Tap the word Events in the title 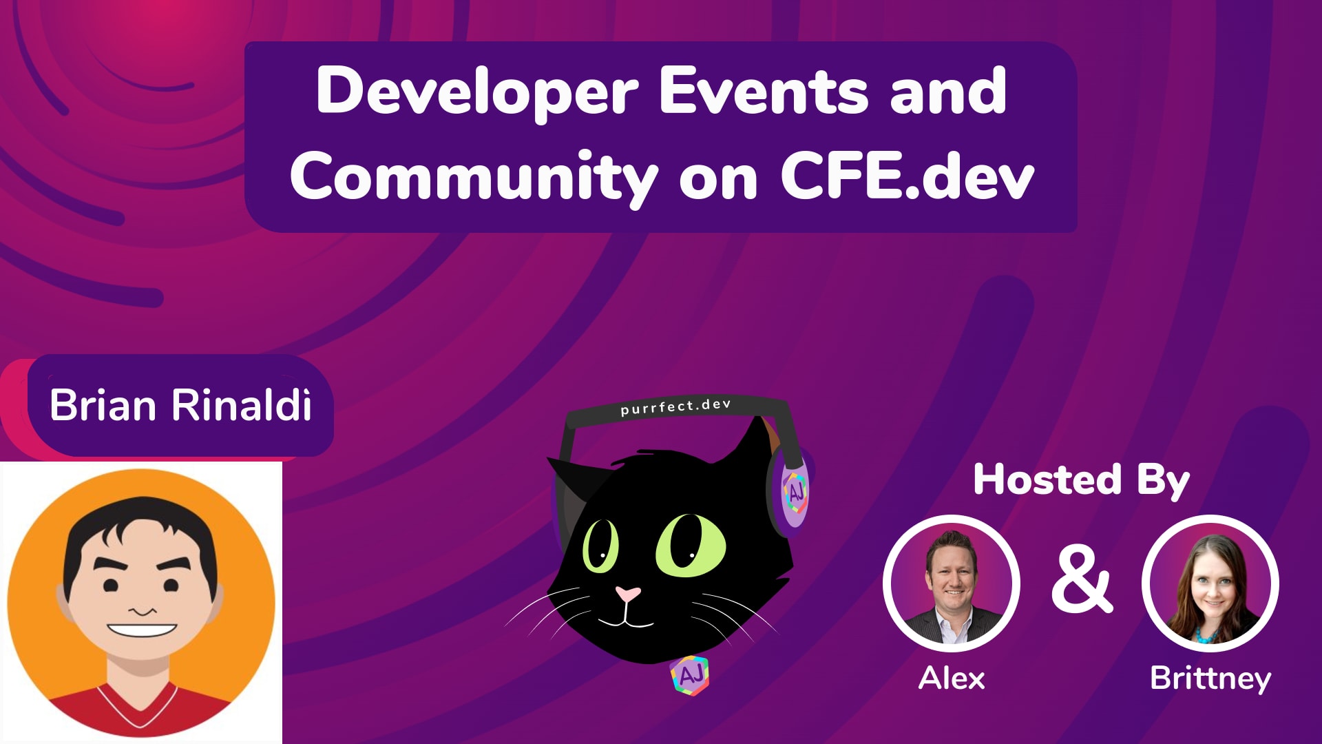[x=763, y=91]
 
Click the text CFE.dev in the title [x=907, y=176]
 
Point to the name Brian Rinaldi [x=180, y=405]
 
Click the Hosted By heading [x=1081, y=479]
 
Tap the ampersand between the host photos [x=1082, y=580]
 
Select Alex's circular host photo [x=952, y=584]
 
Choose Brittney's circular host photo [x=1210, y=584]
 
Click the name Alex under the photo [x=952, y=679]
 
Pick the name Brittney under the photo [x=1210, y=679]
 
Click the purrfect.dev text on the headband [x=675, y=407]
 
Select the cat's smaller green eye [x=600, y=546]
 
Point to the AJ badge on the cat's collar [x=690, y=675]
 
